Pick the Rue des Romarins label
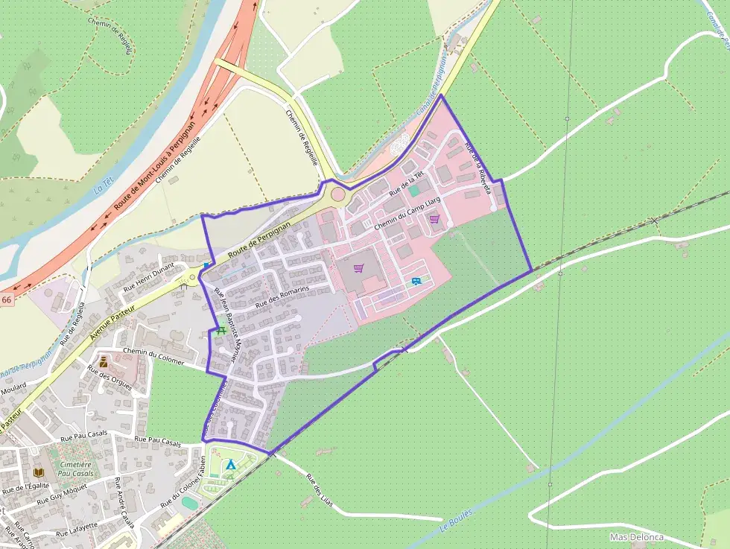[281, 296]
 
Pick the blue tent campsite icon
[230, 465]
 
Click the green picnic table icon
[220, 331]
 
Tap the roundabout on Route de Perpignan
[337, 194]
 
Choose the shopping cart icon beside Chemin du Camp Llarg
[434, 219]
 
